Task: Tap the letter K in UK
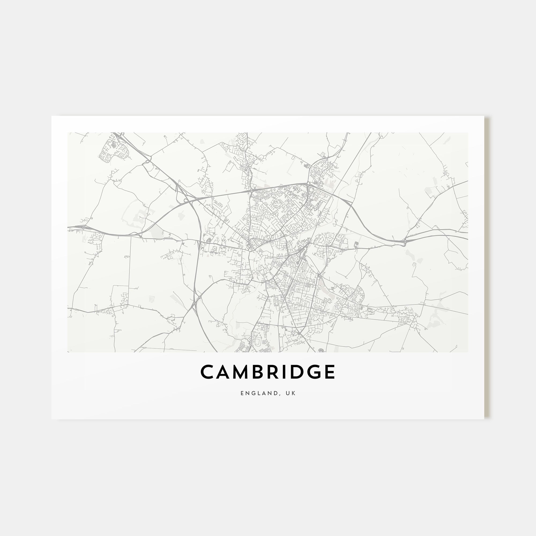(x=294, y=393)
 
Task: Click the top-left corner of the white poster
(x=52, y=116)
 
